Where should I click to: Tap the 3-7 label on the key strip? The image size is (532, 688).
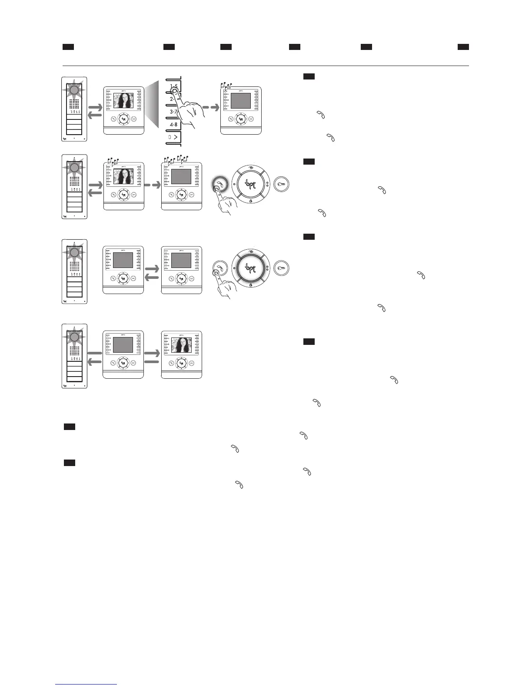tap(173, 112)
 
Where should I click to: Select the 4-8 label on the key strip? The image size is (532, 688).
tap(173, 125)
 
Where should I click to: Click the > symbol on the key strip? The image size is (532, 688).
tap(176, 137)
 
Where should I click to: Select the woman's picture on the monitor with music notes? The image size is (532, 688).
tap(123, 177)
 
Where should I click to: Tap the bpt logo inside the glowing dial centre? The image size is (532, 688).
tap(250, 267)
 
